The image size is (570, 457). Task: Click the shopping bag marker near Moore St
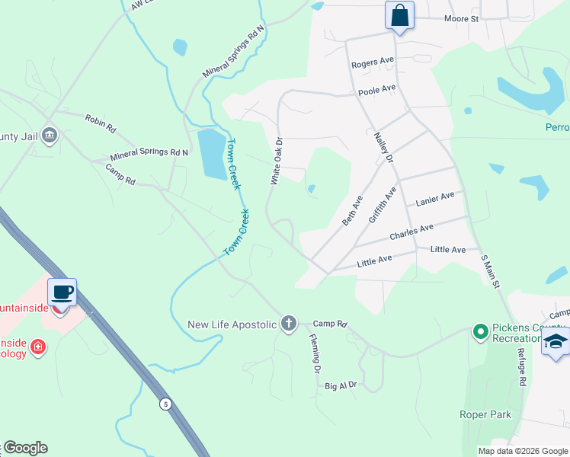click(400, 15)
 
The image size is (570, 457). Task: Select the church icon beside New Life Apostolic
click(288, 324)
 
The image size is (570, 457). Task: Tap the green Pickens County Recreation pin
click(480, 331)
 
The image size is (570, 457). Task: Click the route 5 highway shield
click(165, 404)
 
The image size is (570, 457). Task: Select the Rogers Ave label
click(372, 62)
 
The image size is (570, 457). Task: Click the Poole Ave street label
click(377, 90)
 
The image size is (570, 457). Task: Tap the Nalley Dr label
click(383, 149)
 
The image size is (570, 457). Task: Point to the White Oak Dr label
click(276, 161)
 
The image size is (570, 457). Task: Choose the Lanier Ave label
click(434, 200)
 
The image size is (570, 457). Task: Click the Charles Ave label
click(411, 232)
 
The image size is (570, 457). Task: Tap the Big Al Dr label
click(341, 386)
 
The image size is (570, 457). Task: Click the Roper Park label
click(485, 414)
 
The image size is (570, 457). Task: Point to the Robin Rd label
click(100, 120)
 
